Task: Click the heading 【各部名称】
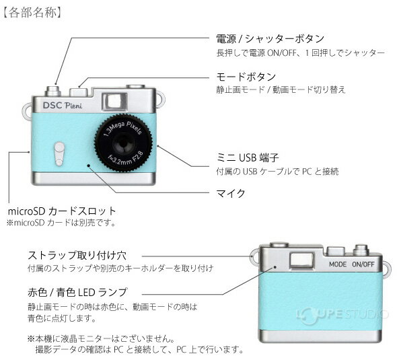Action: [32, 13]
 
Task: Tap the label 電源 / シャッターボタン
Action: [270, 39]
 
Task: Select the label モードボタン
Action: [246, 77]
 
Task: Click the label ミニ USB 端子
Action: [248, 157]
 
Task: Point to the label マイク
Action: [231, 193]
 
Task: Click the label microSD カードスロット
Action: [62, 211]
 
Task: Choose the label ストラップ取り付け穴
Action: [77, 256]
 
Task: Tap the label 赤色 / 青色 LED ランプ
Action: [77, 293]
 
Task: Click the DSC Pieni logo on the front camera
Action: [63, 106]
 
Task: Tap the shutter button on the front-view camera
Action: [52, 91]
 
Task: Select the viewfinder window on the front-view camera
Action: [114, 102]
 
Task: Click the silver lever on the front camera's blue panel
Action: [59, 154]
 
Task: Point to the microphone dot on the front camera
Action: [89, 166]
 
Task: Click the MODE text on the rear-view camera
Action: [338, 264]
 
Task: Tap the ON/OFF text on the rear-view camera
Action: [363, 264]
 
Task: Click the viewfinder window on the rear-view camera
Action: [301, 260]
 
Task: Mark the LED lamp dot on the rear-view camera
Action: [275, 267]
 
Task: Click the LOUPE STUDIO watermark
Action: [342, 315]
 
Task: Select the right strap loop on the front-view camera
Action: [161, 100]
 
